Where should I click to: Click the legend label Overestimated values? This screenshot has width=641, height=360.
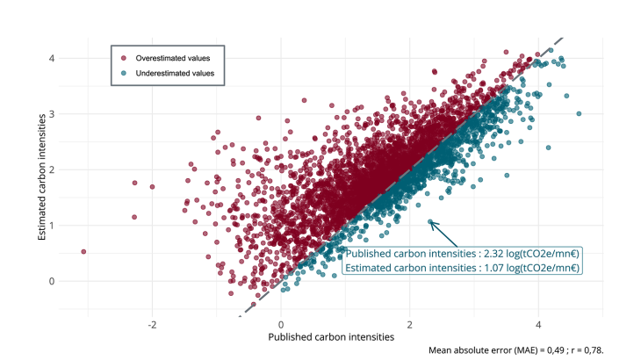[172, 58]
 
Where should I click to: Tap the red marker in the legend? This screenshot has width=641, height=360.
[124, 58]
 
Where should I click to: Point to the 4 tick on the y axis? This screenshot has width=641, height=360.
[52, 58]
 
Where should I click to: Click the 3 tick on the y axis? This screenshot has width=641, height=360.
[52, 114]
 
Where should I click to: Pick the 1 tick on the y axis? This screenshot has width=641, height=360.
[52, 226]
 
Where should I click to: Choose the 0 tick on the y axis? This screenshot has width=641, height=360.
[52, 281]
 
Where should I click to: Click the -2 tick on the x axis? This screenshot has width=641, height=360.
[152, 322]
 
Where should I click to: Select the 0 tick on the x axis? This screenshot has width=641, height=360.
[281, 322]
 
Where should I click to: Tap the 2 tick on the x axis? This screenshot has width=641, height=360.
[410, 322]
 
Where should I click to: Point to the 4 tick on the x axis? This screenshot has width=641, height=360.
[538, 322]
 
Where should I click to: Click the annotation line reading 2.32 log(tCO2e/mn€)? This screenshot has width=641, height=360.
[461, 253]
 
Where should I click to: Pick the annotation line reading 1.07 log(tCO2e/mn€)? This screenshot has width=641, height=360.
[461, 268]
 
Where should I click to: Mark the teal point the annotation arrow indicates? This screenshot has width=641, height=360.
[431, 221]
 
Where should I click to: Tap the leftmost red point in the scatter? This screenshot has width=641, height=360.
[83, 251]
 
